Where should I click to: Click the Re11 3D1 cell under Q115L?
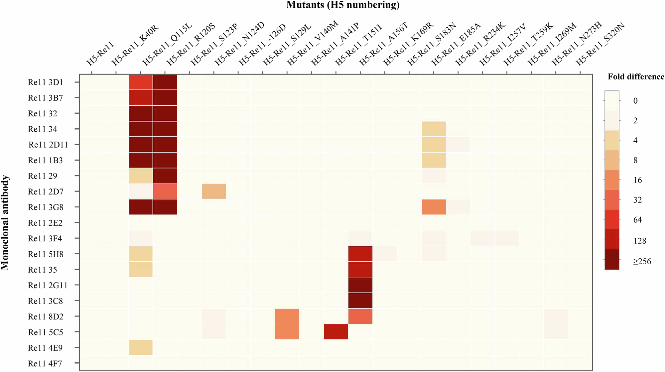[x=141, y=82]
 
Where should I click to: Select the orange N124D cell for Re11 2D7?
[x=214, y=191]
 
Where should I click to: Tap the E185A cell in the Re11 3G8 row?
[x=434, y=207]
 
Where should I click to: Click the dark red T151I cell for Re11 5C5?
[x=336, y=332]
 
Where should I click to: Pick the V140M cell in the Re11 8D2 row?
[x=287, y=316]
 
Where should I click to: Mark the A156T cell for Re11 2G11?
[x=360, y=285]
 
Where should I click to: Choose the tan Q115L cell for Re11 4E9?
[x=141, y=347]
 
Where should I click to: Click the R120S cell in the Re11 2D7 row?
[x=165, y=191]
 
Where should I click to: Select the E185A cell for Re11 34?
[x=434, y=129]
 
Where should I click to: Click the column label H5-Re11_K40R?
[x=135, y=45]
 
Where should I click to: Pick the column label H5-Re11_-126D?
[x=262, y=45]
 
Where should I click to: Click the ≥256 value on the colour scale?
[x=642, y=262]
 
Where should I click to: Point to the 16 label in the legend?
[x=637, y=180]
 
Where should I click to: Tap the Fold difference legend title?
[x=636, y=77]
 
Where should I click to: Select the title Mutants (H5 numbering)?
[x=343, y=5]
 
